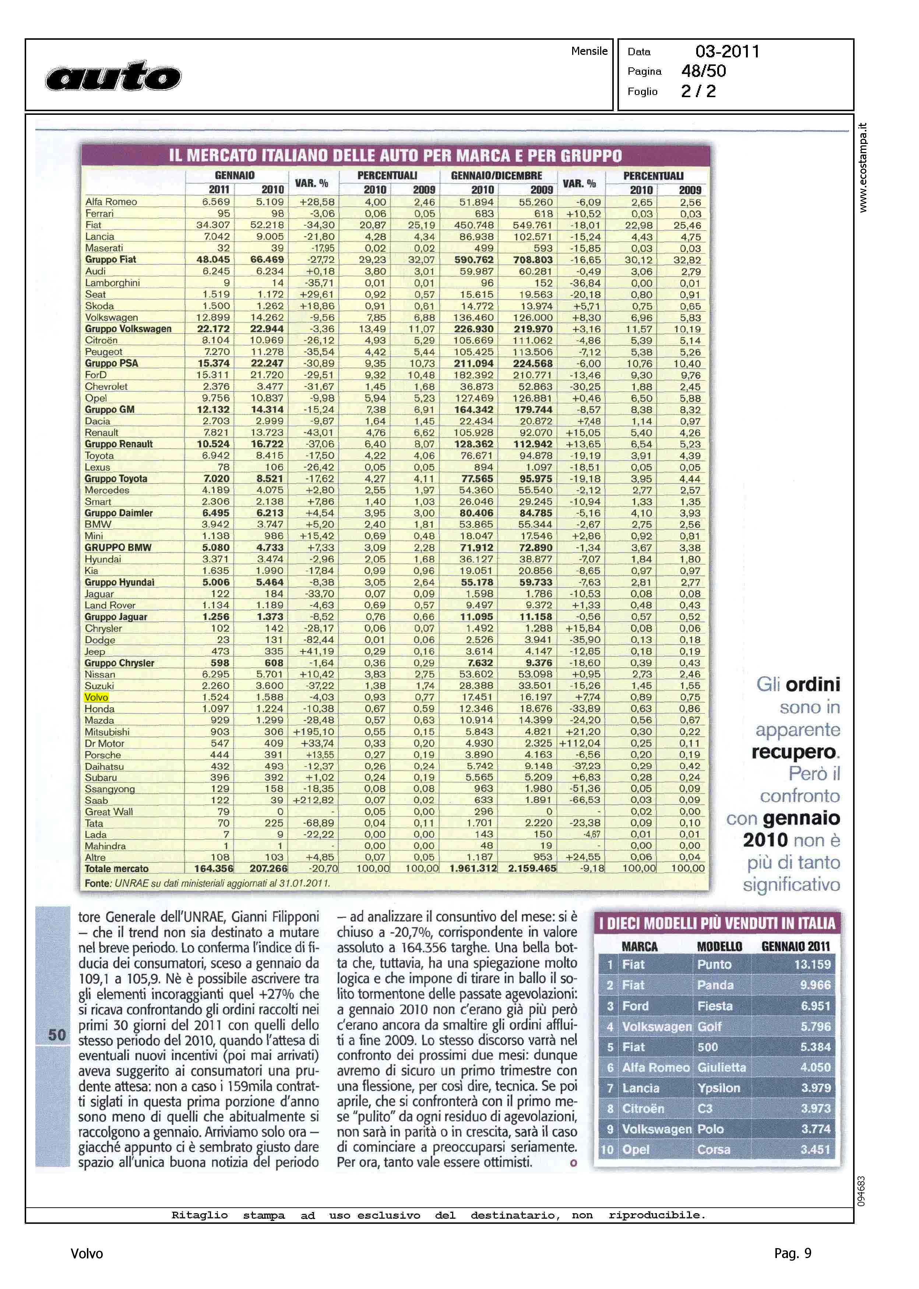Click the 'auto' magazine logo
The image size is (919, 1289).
[113, 76]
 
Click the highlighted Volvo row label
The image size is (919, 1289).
[96, 698]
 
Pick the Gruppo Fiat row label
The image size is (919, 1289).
[110, 259]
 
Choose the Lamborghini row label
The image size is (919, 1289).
[112, 283]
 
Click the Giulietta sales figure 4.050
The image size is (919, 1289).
[815, 1067]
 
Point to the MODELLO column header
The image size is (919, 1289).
[719, 946]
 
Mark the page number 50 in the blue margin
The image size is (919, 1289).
[57, 1035]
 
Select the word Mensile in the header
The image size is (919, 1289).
[589, 51]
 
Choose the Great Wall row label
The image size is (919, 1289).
[109, 812]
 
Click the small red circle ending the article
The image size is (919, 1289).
[573, 1163]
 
